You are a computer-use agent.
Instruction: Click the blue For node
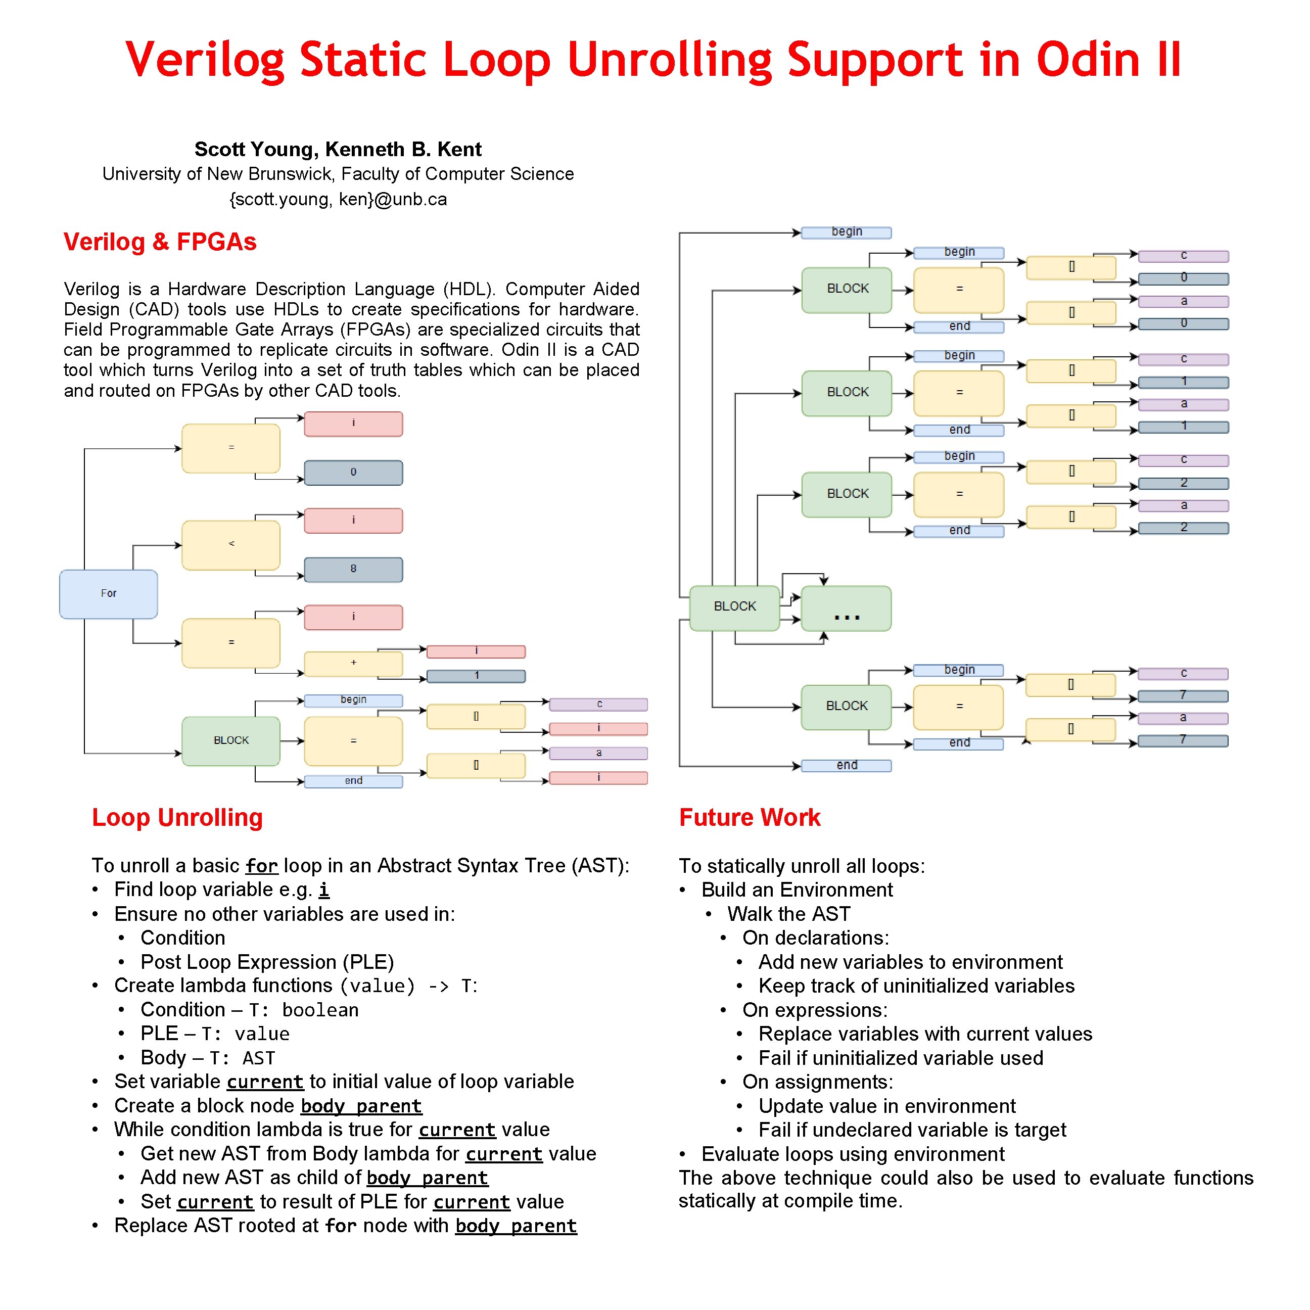[x=109, y=594]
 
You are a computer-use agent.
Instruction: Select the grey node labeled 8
[x=353, y=570]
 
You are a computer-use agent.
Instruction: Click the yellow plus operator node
[x=353, y=663]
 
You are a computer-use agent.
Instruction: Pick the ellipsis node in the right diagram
[x=846, y=609]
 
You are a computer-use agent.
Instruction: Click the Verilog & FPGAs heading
[x=160, y=242]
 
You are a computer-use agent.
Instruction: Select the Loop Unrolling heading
[x=177, y=818]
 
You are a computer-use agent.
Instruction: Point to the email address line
[x=338, y=199]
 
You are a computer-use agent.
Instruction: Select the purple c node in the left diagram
[x=599, y=705]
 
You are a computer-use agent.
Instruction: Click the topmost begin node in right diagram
[x=846, y=232]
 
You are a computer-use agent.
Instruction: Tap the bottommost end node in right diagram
[x=846, y=766]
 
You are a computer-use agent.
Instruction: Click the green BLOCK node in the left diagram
[x=230, y=741]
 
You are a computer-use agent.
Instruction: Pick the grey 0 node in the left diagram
[x=353, y=473]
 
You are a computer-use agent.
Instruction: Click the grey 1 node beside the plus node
[x=476, y=676]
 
